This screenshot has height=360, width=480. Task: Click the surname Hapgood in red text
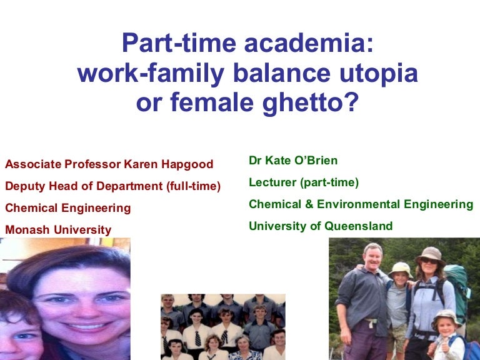187,165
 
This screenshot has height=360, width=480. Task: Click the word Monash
27,229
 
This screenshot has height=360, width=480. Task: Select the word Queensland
359,226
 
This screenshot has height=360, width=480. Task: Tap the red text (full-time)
194,186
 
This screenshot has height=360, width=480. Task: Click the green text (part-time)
329,182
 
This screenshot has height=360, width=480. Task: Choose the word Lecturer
272,182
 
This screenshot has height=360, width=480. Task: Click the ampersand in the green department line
309,204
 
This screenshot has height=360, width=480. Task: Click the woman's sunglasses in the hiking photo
429,261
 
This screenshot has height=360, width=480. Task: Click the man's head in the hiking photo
373,256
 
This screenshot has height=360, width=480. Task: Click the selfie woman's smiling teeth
87,327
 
